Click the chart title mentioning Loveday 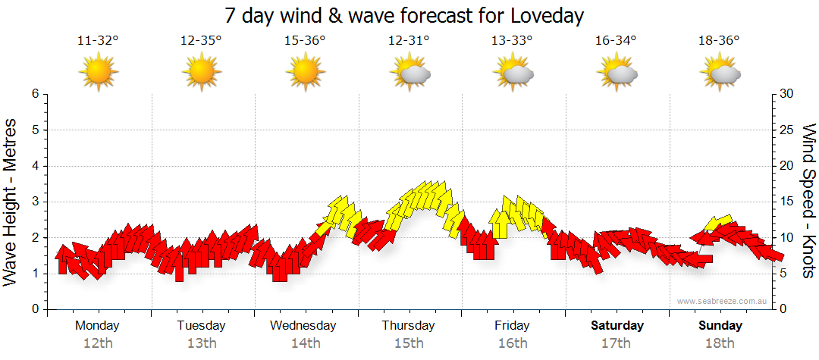tap(405, 15)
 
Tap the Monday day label tap(97, 326)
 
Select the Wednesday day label tap(303, 326)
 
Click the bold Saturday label tap(617, 326)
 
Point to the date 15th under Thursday tap(409, 343)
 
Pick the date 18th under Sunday tap(720, 343)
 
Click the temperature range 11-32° tap(98, 41)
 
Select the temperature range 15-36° tap(305, 41)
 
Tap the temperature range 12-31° tap(409, 41)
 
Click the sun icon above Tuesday tap(202, 73)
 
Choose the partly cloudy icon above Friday tap(513, 73)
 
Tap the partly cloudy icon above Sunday tap(720, 73)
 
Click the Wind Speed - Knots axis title tap(808, 202)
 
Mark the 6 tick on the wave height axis tap(34, 94)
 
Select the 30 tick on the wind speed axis tap(787, 94)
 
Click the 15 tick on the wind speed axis tap(786, 202)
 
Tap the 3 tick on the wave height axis tap(34, 202)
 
